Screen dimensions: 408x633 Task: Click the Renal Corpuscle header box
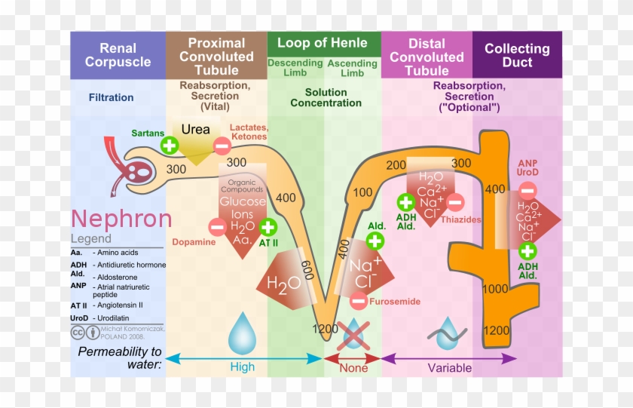pyautogui.click(x=118, y=55)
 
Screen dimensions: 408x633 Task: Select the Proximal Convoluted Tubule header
pyautogui.click(x=216, y=56)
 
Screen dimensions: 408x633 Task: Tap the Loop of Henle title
pyautogui.click(x=323, y=43)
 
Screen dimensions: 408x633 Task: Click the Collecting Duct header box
pyautogui.click(x=517, y=55)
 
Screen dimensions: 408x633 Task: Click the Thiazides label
pyautogui.click(x=460, y=219)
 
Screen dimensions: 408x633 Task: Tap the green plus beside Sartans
pyautogui.click(x=170, y=146)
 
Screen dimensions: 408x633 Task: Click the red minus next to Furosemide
pyautogui.click(x=359, y=301)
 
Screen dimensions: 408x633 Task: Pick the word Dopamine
pyautogui.click(x=194, y=242)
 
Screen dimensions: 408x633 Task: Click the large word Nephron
pyautogui.click(x=121, y=219)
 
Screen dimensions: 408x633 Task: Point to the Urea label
pyautogui.click(x=196, y=129)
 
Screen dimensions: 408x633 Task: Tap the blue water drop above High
pyautogui.click(x=243, y=333)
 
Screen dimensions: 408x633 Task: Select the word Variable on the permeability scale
pyautogui.click(x=450, y=368)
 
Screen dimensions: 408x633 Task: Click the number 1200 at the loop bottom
pyautogui.click(x=326, y=329)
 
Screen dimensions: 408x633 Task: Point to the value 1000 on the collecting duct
pyautogui.click(x=495, y=289)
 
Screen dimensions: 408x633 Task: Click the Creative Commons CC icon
pyautogui.click(x=78, y=333)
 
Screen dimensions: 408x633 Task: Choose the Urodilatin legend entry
pyautogui.click(x=109, y=318)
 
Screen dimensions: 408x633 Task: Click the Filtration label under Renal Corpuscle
pyautogui.click(x=111, y=97)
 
